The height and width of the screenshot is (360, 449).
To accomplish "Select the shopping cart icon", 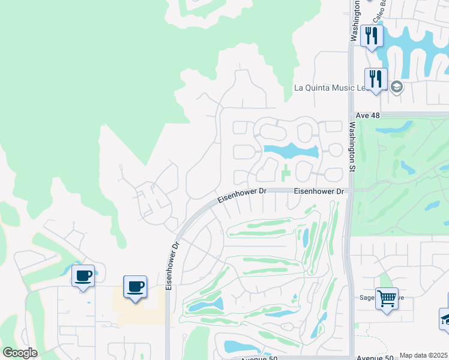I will pyautogui.click(x=387, y=298).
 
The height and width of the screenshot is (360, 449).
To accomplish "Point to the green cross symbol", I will pyautogui.click(x=286, y=174).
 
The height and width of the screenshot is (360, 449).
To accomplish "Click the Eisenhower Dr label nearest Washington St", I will pyautogui.click(x=319, y=191).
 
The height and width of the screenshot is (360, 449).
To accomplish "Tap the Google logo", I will pyautogui.click(x=20, y=353).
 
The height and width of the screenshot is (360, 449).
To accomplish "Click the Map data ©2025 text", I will pyautogui.click(x=424, y=355).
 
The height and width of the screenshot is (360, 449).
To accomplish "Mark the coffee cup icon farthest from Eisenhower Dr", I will pyautogui.click(x=83, y=276).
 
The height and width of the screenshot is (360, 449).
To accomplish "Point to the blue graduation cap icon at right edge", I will pyautogui.click(x=445, y=319).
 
